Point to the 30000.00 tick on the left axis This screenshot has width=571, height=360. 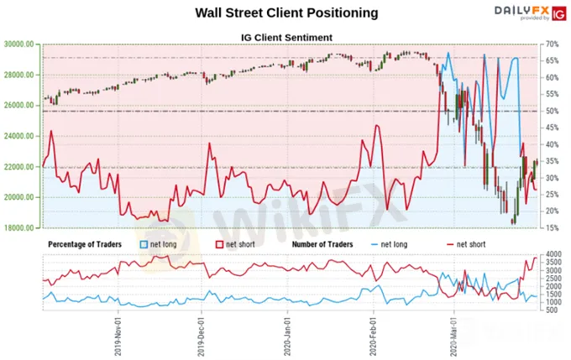(18, 44)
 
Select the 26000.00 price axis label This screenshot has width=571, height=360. (18, 105)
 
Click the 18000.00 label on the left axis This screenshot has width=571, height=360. (18, 227)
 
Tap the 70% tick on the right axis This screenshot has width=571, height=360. (550, 44)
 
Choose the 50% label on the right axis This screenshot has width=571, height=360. (550, 111)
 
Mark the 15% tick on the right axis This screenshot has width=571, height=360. (550, 227)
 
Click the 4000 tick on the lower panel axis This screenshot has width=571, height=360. (552, 254)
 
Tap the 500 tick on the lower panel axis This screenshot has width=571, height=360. (552, 310)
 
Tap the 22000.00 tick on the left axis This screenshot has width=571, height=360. (18, 166)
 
